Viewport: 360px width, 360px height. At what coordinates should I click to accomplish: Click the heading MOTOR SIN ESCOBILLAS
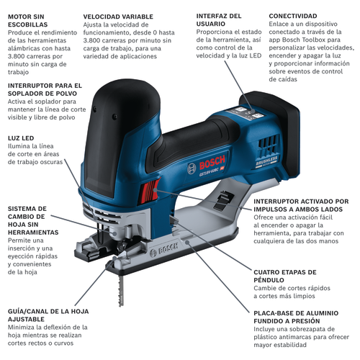tap(28, 21)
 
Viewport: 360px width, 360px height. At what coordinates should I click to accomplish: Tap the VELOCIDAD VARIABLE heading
tap(118, 17)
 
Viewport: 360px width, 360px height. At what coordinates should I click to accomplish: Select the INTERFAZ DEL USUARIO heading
tap(219, 20)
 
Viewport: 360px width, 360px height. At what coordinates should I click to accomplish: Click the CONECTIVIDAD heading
tap(293, 16)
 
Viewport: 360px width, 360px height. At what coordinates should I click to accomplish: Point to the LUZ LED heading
tap(21, 138)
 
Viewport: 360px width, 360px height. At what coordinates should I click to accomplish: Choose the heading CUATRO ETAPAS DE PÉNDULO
tap(285, 276)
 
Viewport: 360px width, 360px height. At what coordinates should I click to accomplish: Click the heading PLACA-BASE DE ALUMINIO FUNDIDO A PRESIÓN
tap(296, 317)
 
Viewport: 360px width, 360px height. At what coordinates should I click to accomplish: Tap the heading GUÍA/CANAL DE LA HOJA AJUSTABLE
tap(48, 315)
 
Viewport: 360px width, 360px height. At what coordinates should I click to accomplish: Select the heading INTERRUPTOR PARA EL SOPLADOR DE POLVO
tap(45, 89)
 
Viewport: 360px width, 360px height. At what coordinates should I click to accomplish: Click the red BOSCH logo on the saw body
tap(212, 163)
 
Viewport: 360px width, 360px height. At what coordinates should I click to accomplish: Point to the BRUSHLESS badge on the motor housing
tap(266, 161)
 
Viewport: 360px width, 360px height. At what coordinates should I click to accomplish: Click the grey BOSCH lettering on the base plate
tap(167, 249)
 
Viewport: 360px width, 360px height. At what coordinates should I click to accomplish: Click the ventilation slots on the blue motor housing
tap(269, 144)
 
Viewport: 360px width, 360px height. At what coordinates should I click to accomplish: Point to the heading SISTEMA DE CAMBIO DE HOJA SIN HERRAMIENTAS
tap(33, 220)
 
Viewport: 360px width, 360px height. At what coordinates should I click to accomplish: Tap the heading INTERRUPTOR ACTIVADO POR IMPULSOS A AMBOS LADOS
tap(301, 205)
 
